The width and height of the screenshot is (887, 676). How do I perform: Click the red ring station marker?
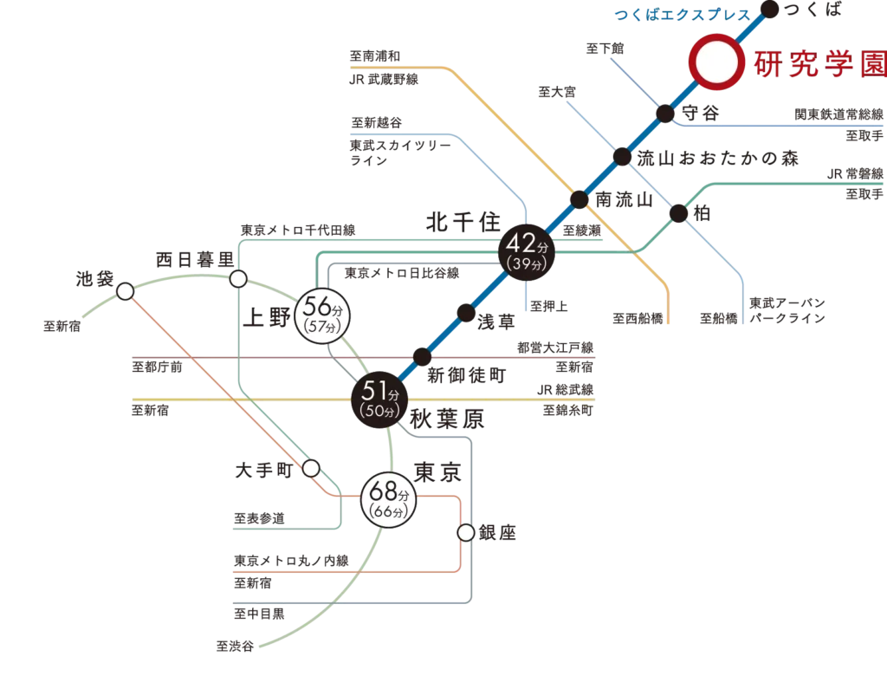(716, 62)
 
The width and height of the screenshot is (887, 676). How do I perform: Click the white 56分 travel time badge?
(322, 315)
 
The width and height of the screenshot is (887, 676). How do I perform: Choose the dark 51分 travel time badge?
(380, 399)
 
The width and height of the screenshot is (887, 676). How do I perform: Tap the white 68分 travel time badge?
(387, 500)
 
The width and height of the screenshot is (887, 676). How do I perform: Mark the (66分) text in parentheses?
(387, 513)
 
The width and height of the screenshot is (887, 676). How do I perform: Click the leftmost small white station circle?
(126, 291)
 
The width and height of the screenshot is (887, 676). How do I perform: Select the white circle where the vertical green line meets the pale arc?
(237, 279)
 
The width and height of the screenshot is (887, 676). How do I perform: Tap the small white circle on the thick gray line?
(466, 532)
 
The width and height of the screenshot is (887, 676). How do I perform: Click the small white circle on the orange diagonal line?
(311, 468)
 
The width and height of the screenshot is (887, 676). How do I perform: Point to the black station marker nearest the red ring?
(665, 114)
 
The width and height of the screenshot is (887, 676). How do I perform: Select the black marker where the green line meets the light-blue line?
(678, 209)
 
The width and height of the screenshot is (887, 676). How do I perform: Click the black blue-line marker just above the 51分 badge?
(420, 355)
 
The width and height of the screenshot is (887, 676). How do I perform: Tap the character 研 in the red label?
(767, 64)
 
